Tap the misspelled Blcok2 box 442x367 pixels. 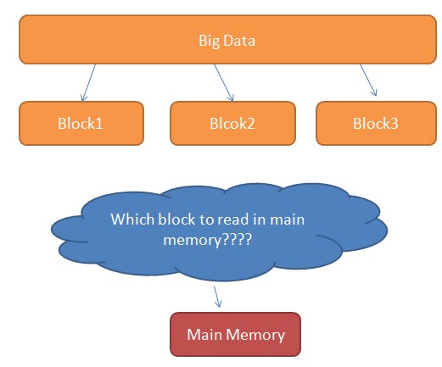[x=232, y=123]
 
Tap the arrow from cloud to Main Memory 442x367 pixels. [x=217, y=297]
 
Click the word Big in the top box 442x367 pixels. [x=209, y=40]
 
